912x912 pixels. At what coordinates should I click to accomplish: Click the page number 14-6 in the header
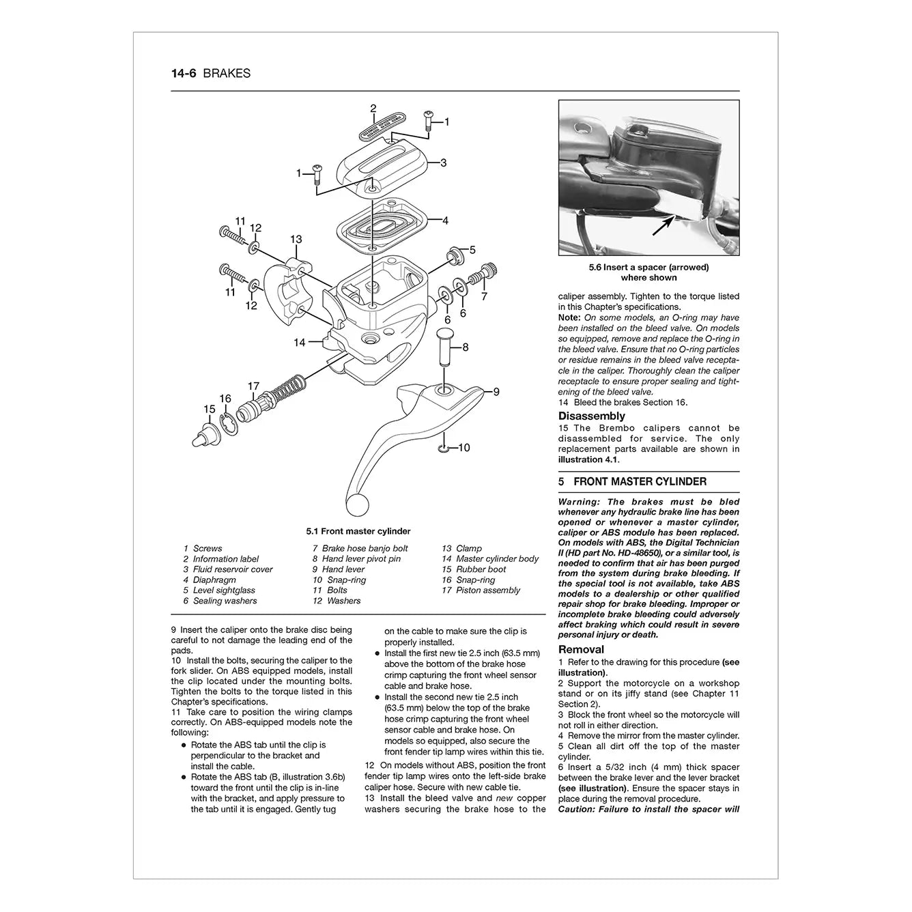[184, 74]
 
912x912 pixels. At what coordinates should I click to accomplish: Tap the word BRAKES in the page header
[227, 74]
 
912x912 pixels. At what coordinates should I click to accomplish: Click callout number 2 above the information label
[373, 109]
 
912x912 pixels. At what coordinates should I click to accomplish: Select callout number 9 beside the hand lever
[496, 392]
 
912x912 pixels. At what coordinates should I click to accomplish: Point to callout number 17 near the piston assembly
[253, 386]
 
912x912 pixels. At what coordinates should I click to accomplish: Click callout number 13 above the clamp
[296, 240]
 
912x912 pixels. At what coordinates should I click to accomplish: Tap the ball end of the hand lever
[356, 506]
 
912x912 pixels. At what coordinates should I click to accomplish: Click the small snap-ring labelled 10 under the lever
[443, 448]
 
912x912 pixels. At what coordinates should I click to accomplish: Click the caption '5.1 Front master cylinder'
[358, 531]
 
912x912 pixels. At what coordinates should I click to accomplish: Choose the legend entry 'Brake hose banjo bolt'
[365, 548]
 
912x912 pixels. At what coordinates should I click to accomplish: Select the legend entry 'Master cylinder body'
[497, 558]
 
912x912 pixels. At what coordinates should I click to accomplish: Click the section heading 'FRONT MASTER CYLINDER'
[640, 481]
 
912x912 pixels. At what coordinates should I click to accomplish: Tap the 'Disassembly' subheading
[591, 416]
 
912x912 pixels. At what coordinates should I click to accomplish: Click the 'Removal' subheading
[581, 649]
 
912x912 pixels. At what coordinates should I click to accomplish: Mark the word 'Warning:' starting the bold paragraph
[578, 502]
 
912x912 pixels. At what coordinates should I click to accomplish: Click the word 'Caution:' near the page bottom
[577, 809]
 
